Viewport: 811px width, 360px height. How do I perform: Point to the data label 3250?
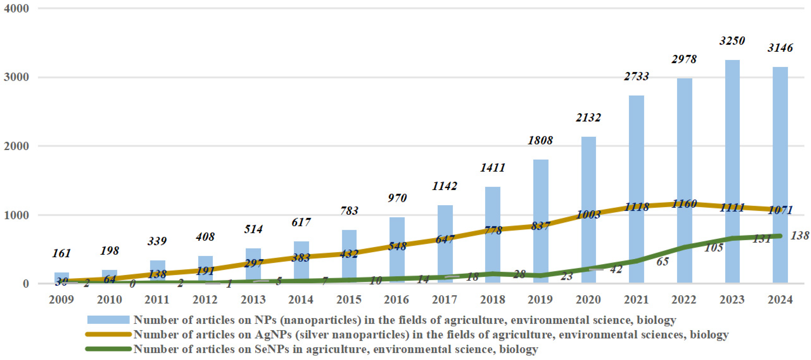click(732, 41)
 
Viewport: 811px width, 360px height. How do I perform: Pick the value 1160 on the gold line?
click(684, 204)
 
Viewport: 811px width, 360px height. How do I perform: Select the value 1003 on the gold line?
click(588, 215)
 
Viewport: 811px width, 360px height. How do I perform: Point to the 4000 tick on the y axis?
click(16, 9)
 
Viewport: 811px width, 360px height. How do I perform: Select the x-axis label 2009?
click(61, 299)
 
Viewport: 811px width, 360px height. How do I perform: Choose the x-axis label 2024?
click(780, 299)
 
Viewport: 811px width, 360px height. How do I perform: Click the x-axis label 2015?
click(349, 299)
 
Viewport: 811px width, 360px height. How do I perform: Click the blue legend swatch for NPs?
click(108, 320)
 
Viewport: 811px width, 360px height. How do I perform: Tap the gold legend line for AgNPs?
click(108, 334)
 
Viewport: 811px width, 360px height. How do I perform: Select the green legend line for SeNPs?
click(108, 349)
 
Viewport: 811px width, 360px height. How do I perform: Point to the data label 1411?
click(493, 168)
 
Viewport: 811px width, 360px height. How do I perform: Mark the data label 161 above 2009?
click(61, 253)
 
